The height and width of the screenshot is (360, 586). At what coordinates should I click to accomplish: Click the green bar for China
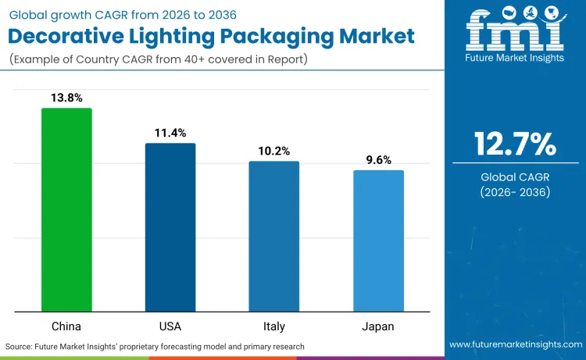tap(66, 210)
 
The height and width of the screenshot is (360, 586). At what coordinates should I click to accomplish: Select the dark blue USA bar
tap(170, 227)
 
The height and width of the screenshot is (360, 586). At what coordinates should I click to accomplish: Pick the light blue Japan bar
tap(378, 241)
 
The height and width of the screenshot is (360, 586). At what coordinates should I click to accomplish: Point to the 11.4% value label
tap(170, 133)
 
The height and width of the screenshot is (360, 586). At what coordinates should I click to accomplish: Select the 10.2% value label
tap(273, 151)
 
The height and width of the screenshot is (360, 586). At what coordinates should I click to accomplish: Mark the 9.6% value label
tap(378, 159)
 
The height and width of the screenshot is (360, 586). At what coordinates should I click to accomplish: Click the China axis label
tap(66, 326)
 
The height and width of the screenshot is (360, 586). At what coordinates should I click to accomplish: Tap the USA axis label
tap(170, 326)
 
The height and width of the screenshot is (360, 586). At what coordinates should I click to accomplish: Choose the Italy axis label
tap(273, 326)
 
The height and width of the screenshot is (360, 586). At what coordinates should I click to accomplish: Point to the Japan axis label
tap(378, 326)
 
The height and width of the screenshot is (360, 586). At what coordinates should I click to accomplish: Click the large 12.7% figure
tap(515, 144)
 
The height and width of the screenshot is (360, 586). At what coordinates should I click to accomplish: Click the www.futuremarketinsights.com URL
tap(515, 344)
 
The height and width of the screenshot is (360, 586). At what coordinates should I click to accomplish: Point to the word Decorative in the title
tap(73, 36)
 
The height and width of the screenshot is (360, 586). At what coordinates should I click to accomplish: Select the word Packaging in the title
tap(288, 36)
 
